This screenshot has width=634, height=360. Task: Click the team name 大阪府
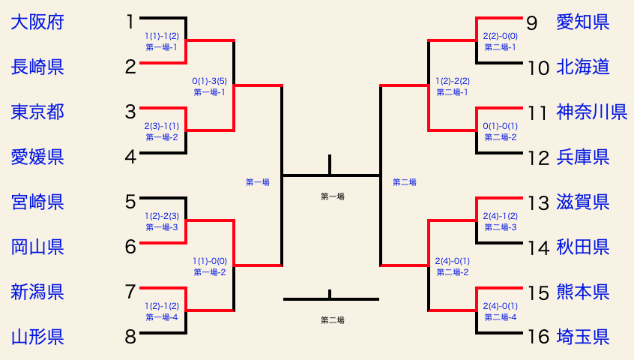(x=37, y=22)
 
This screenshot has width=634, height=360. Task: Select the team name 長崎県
(x=37, y=67)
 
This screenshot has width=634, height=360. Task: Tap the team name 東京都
(x=37, y=112)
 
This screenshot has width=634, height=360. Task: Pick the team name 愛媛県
(x=37, y=157)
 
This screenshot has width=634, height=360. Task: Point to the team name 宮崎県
(x=37, y=202)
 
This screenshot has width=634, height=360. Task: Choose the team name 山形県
(x=37, y=337)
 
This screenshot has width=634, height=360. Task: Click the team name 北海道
(x=582, y=67)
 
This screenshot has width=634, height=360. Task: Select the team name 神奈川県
(x=591, y=112)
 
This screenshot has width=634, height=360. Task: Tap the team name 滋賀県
(x=582, y=202)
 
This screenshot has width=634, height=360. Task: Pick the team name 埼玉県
(x=582, y=337)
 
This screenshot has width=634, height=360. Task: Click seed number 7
(x=130, y=292)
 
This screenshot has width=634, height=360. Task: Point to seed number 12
(x=537, y=157)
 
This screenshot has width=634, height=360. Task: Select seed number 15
(x=537, y=292)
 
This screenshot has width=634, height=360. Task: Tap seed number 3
(x=130, y=112)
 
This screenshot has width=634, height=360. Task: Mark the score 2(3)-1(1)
(x=162, y=126)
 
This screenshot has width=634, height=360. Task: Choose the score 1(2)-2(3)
(x=162, y=216)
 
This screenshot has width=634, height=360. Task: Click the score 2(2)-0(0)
(x=500, y=36)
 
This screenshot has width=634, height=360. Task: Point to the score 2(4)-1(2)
(x=500, y=216)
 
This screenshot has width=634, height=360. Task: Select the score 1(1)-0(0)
(x=210, y=261)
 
